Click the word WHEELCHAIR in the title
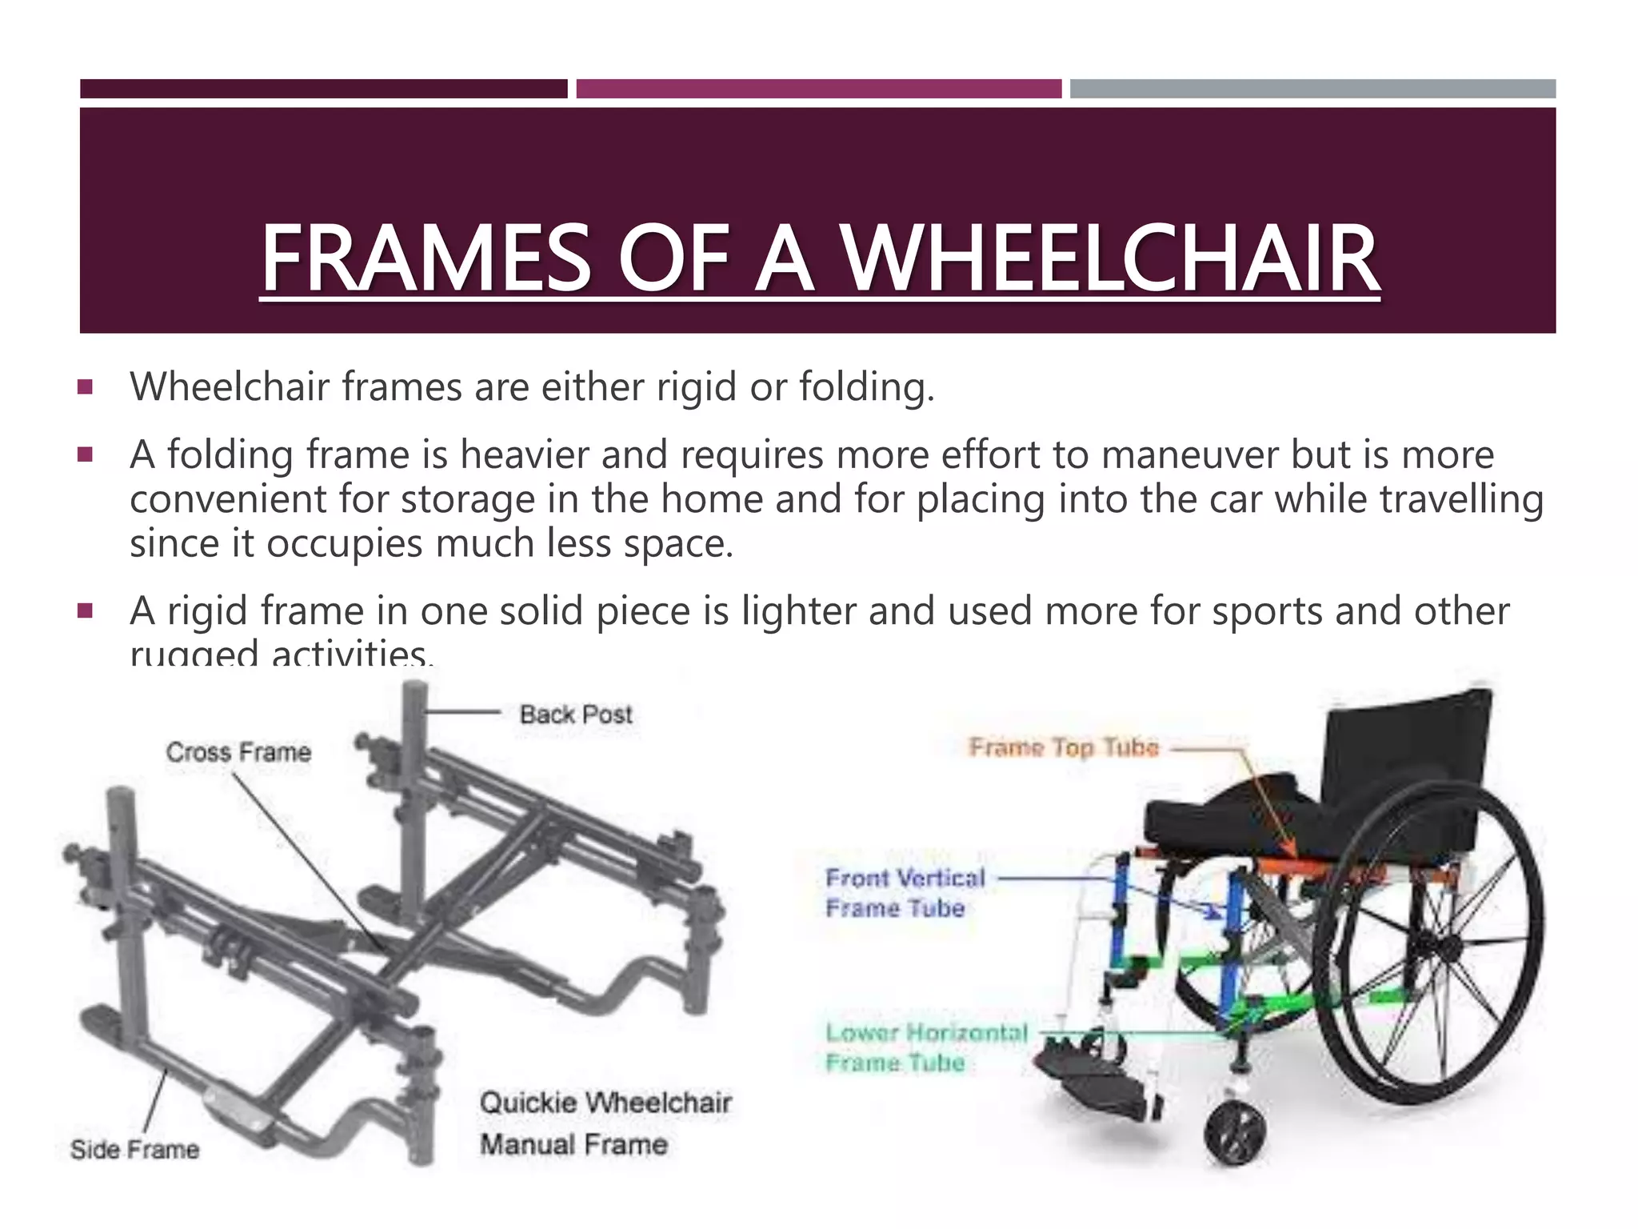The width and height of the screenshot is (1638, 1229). coord(1112,258)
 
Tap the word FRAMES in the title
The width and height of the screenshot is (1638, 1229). coord(425,258)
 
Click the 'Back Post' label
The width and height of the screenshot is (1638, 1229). coord(575,715)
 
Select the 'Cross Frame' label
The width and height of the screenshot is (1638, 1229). coord(238,752)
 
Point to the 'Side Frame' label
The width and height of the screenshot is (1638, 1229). coord(134,1150)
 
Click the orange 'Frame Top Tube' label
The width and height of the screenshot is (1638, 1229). coord(1064,747)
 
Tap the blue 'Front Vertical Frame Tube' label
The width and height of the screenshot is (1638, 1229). coord(905,893)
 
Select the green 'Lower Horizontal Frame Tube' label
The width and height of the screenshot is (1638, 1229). coord(925,1047)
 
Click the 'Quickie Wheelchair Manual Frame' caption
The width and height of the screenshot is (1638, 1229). coord(605,1123)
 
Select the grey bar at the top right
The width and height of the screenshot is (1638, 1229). coord(1312,89)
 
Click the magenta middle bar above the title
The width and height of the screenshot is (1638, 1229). coord(818,89)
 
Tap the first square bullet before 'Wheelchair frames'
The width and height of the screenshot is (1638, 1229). coord(86,388)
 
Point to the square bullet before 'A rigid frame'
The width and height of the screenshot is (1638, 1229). coord(86,612)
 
